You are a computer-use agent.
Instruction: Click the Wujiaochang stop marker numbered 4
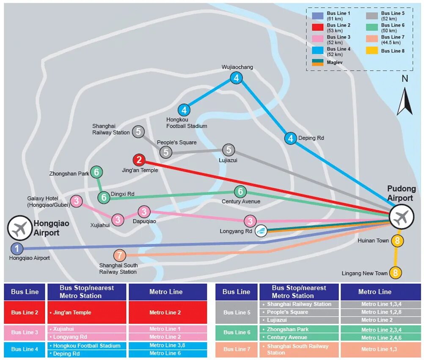(x=236, y=78)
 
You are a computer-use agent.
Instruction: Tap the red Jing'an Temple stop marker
(x=139, y=161)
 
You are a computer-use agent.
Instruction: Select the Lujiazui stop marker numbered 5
(x=229, y=150)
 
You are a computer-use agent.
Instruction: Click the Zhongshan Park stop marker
(x=96, y=172)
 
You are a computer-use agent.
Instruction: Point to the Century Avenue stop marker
(x=240, y=191)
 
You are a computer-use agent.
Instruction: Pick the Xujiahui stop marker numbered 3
(x=118, y=219)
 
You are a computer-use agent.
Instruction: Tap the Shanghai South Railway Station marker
(x=120, y=255)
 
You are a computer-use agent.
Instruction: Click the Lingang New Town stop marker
(x=395, y=273)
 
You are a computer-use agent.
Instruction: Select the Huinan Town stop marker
(x=397, y=241)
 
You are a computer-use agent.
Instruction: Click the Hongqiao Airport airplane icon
(x=19, y=228)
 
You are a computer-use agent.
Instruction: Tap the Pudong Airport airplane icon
(x=401, y=218)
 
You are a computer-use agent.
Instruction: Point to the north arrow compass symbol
(x=405, y=101)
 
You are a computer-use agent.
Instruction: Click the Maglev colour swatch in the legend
(x=318, y=62)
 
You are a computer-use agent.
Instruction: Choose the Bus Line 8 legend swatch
(x=372, y=51)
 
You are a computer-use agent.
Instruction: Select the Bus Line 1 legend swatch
(x=318, y=16)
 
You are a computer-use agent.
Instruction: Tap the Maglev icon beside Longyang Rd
(x=261, y=230)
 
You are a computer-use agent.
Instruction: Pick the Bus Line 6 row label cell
(x=237, y=333)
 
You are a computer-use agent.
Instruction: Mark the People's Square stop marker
(x=166, y=152)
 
